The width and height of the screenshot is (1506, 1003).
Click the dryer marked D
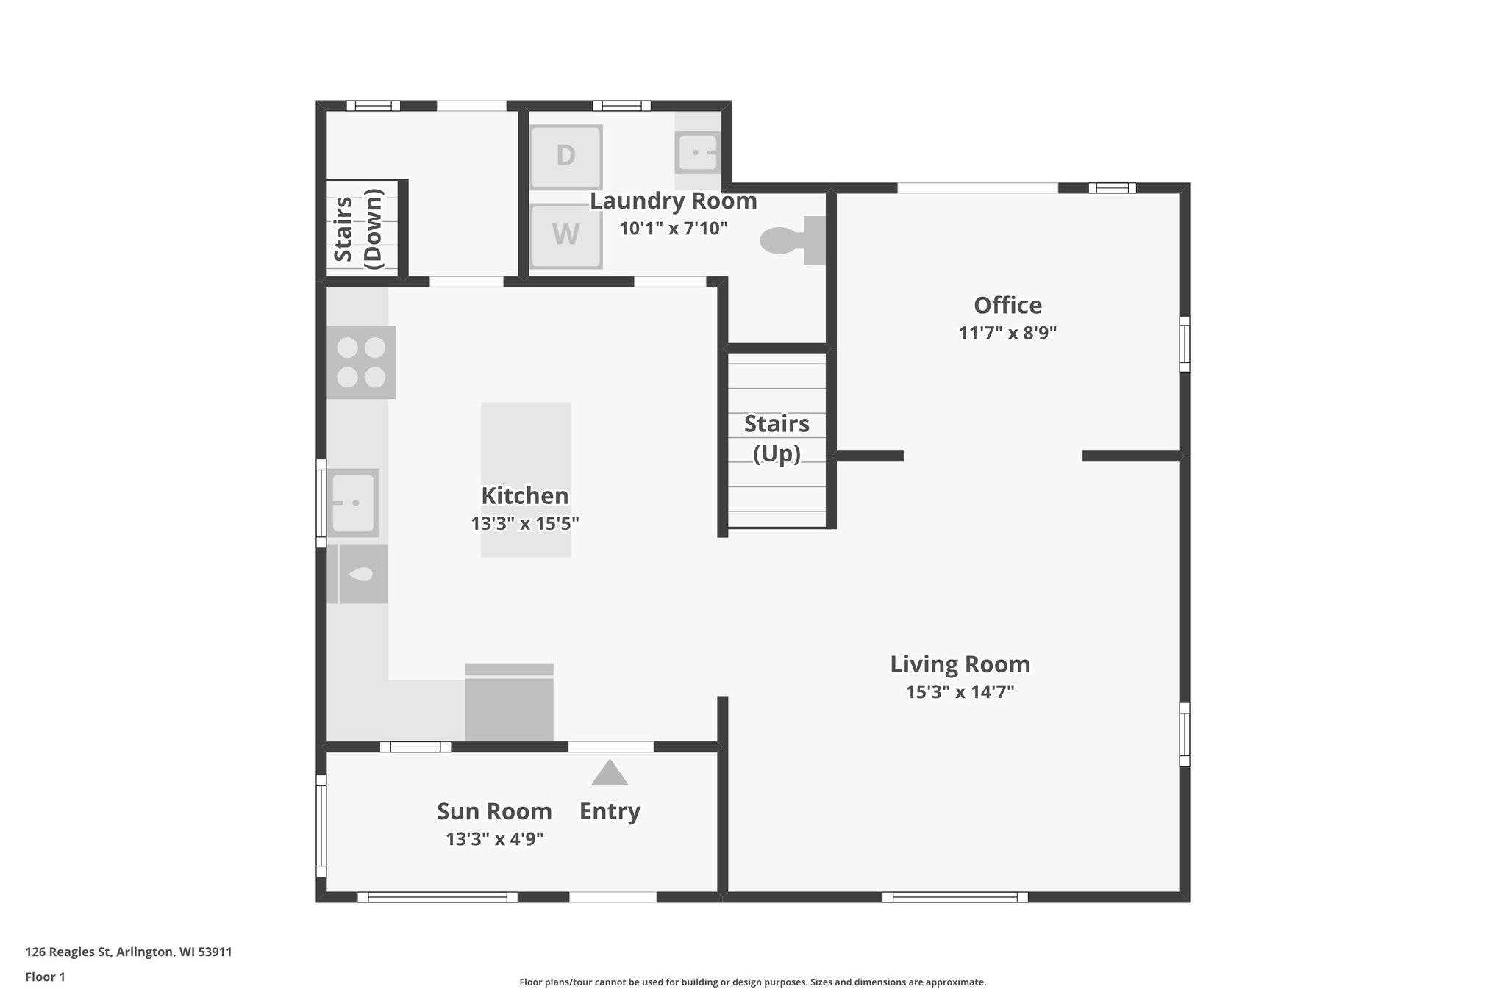point(565,157)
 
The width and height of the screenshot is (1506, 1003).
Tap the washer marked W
point(565,235)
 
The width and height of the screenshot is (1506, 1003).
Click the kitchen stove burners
point(360,362)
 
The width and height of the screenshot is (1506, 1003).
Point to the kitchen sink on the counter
point(354,503)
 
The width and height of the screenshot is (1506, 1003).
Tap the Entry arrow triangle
point(610,774)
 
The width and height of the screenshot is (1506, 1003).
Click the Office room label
point(1007,305)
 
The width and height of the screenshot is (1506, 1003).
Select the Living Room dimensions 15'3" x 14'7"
point(960,692)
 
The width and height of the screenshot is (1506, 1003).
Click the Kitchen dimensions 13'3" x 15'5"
point(525,524)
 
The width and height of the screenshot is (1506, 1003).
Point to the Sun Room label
point(494,811)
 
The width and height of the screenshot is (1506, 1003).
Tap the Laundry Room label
point(673,201)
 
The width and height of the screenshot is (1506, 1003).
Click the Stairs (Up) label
point(777,439)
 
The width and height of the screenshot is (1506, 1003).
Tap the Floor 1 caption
point(45,977)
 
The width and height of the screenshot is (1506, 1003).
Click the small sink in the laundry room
point(696,153)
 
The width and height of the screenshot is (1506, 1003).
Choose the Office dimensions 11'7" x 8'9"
point(1007,333)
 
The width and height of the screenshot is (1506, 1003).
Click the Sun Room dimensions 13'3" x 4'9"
point(494,839)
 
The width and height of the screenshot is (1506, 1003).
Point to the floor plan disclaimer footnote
point(752,982)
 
